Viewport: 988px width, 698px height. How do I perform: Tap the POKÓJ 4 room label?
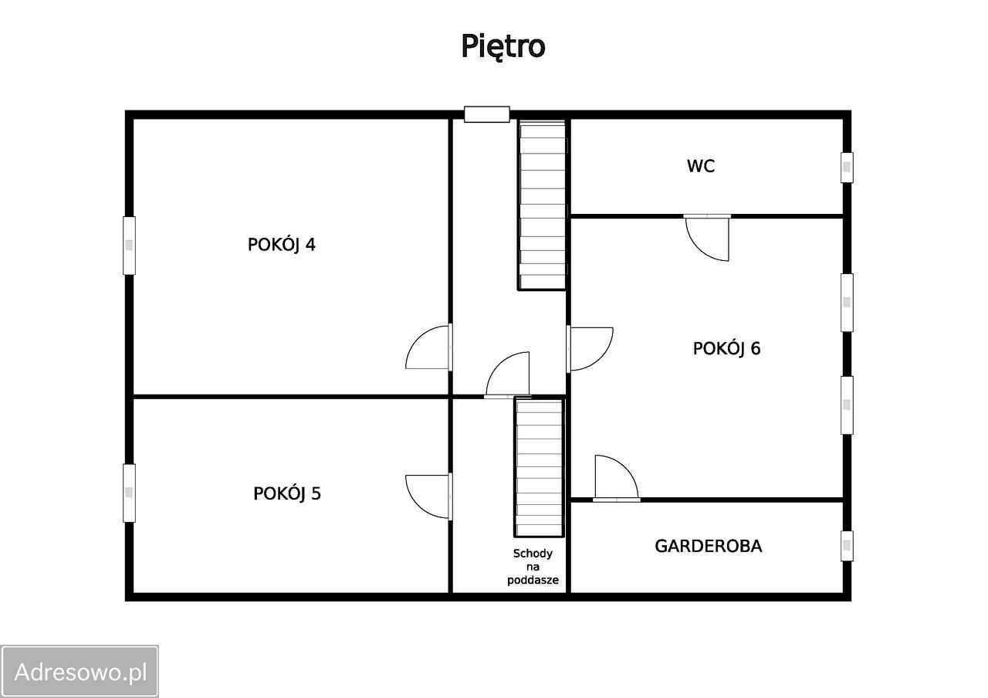[282, 245]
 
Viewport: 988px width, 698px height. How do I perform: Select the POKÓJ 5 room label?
[287, 493]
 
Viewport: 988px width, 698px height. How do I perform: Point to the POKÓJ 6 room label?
[726, 348]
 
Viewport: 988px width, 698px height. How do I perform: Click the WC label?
[700, 166]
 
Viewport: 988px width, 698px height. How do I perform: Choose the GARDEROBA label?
[709, 546]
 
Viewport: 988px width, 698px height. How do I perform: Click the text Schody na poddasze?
[533, 567]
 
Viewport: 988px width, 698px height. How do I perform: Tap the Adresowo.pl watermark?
[80, 672]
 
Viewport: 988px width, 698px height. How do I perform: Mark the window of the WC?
[847, 168]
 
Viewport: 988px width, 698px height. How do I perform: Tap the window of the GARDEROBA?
[847, 546]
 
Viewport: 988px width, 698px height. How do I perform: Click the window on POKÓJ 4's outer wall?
[129, 246]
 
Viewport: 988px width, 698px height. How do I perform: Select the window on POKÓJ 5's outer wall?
[129, 493]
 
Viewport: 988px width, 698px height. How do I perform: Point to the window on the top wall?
[486, 114]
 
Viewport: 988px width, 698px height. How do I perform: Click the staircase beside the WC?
[542, 205]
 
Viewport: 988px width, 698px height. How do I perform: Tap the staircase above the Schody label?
[539, 467]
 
